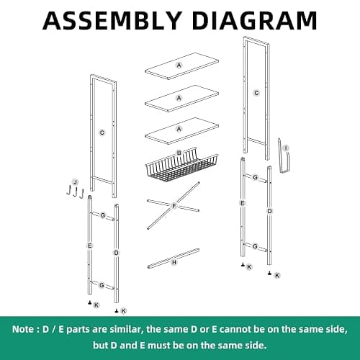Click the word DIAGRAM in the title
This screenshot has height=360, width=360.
click(255, 20)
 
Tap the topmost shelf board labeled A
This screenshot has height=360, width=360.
click(181, 66)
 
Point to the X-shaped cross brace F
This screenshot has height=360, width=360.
click(174, 206)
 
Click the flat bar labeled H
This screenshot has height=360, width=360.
click(174, 258)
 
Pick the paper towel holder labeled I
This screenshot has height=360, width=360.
click(284, 156)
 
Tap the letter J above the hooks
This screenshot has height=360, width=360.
click(76, 182)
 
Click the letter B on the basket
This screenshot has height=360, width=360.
click(179, 153)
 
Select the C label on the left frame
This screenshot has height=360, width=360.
click(102, 132)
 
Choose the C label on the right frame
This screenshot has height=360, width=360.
click(256, 93)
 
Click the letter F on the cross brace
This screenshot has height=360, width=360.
click(174, 206)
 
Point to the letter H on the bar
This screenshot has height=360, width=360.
click(174, 262)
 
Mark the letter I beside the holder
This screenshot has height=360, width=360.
click(286, 148)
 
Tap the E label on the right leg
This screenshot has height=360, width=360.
click(243, 203)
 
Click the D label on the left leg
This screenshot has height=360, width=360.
click(117, 253)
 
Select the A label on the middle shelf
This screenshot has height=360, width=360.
click(179, 98)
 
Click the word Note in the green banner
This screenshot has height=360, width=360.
click(23, 329)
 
